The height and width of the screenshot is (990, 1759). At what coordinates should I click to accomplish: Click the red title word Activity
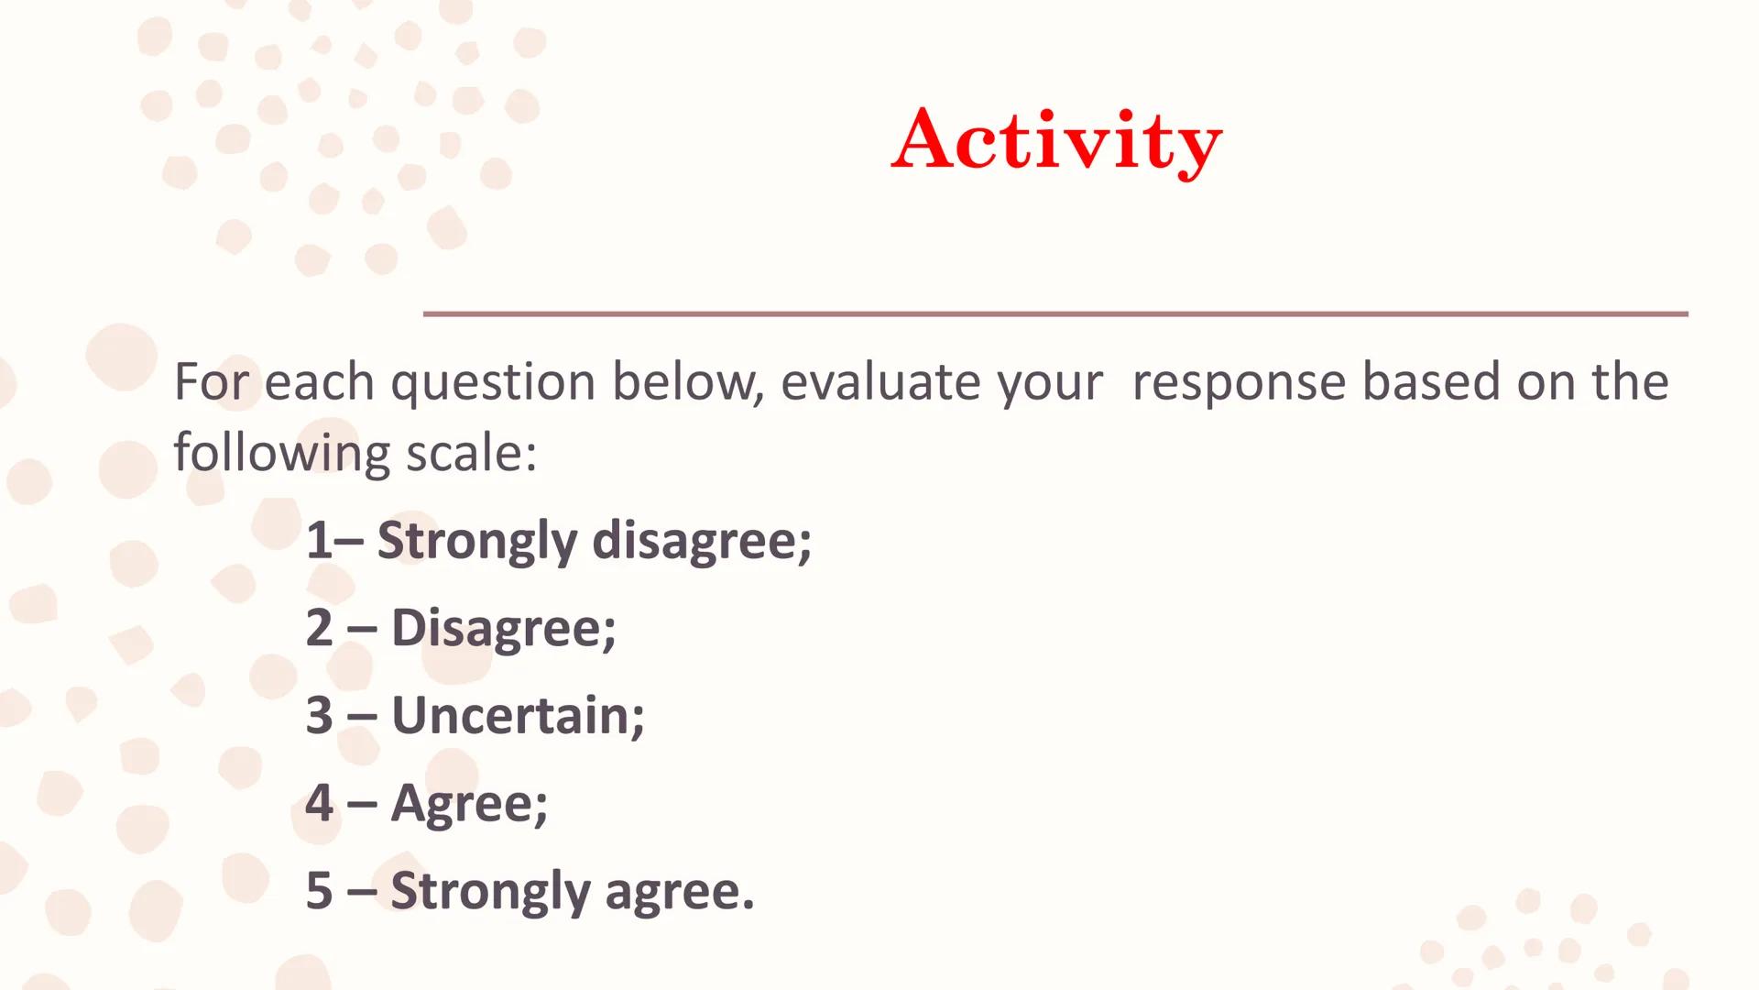[1056, 142]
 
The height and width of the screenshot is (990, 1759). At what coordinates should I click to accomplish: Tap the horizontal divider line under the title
[1055, 313]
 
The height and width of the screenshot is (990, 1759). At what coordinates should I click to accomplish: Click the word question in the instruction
[493, 383]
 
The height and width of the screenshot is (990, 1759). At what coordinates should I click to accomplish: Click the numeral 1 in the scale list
[319, 540]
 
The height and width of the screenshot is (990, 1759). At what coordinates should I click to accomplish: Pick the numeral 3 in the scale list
[319, 715]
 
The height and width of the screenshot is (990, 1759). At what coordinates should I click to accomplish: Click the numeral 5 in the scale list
[319, 890]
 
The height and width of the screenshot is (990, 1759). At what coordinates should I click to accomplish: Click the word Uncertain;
[518, 715]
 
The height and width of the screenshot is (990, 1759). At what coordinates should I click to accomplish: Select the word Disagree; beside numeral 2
[504, 630]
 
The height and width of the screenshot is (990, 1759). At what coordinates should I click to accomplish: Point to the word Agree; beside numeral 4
[469, 805]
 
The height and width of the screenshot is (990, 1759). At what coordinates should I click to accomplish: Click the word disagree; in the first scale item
[702, 541]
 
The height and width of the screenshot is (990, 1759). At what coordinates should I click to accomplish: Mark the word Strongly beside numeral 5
[490, 892]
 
